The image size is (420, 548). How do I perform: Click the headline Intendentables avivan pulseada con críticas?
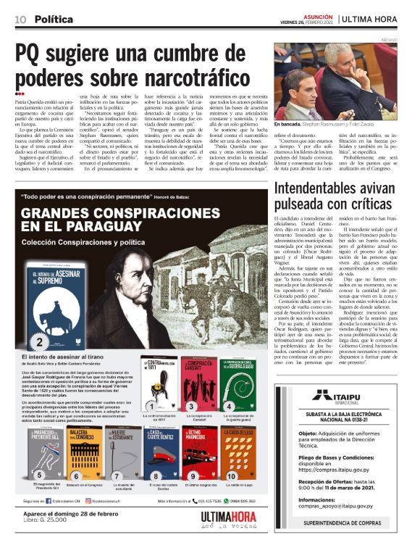coord(335,196)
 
